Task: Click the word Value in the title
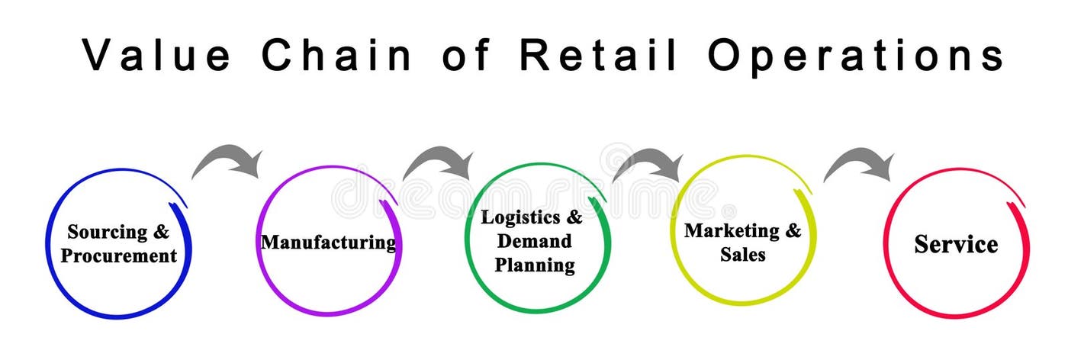pyautogui.click(x=156, y=55)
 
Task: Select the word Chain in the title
pyautogui.click(x=336, y=55)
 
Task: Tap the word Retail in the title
pyautogui.click(x=599, y=55)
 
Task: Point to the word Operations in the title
pyautogui.click(x=855, y=55)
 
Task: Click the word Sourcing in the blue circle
pyautogui.click(x=107, y=232)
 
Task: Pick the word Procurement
pyautogui.click(x=118, y=256)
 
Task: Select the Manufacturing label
pyautogui.click(x=328, y=243)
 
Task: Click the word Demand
pyautogui.click(x=534, y=242)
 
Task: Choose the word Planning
pyautogui.click(x=534, y=265)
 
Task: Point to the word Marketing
pyautogui.click(x=732, y=230)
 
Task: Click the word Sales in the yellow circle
pyautogui.click(x=742, y=255)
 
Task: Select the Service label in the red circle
pyautogui.click(x=956, y=244)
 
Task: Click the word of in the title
pyautogui.click(x=465, y=55)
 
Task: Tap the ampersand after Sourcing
pyautogui.click(x=162, y=232)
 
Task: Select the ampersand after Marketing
pyautogui.click(x=794, y=230)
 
